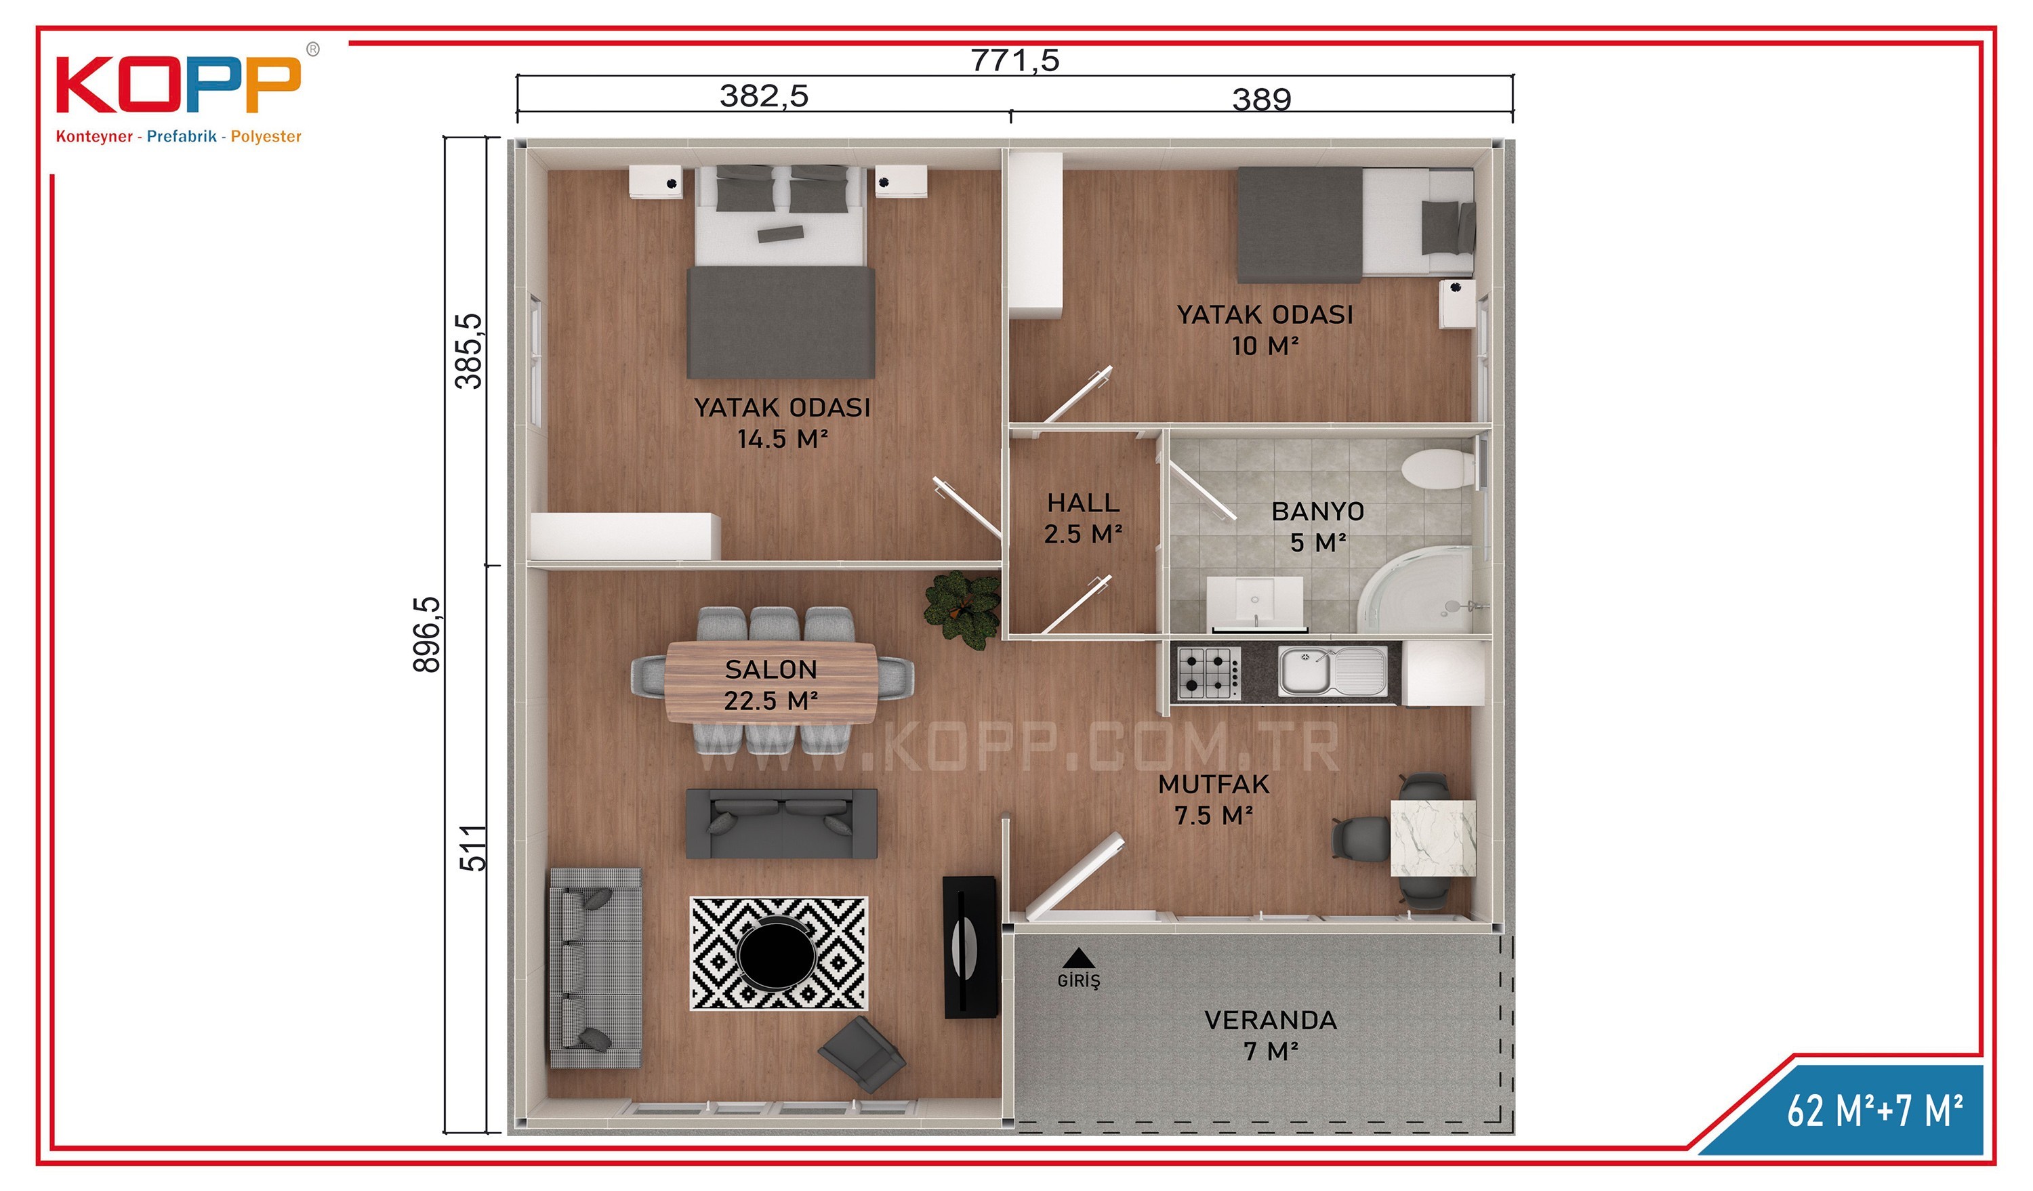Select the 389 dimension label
(x=1262, y=99)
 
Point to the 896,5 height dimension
(x=427, y=635)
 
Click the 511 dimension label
(x=474, y=848)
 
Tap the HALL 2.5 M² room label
(x=1084, y=518)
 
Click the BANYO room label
(x=1317, y=511)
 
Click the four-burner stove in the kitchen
(x=1208, y=673)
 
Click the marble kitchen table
(x=1433, y=838)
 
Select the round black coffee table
(x=777, y=954)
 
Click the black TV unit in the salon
(x=970, y=946)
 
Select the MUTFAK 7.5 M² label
(x=1213, y=800)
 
